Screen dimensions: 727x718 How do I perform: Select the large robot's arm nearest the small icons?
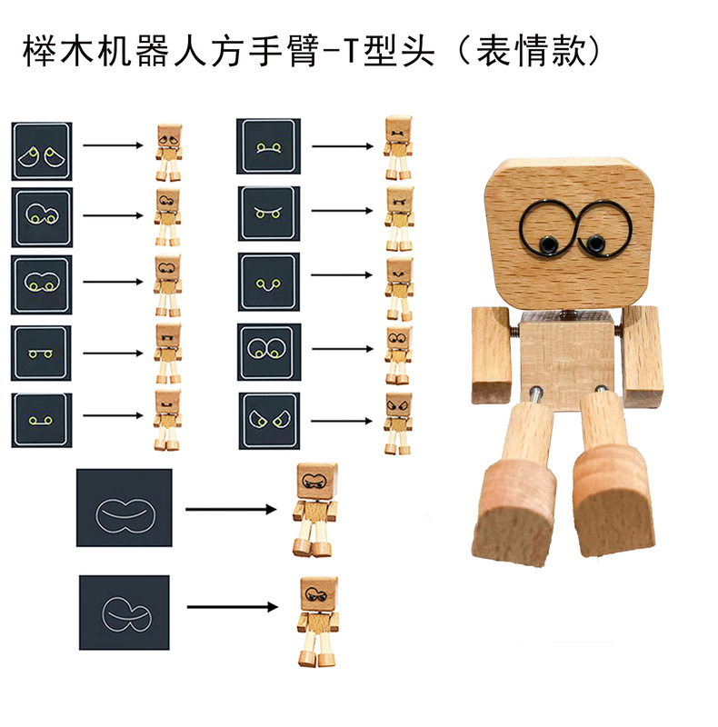click(x=490, y=354)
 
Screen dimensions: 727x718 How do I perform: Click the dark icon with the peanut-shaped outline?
click(x=125, y=509)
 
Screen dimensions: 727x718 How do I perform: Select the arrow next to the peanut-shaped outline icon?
click(x=231, y=509)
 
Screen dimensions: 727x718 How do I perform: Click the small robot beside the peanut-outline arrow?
click(x=314, y=509)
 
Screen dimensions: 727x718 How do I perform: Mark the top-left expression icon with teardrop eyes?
click(x=43, y=151)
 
